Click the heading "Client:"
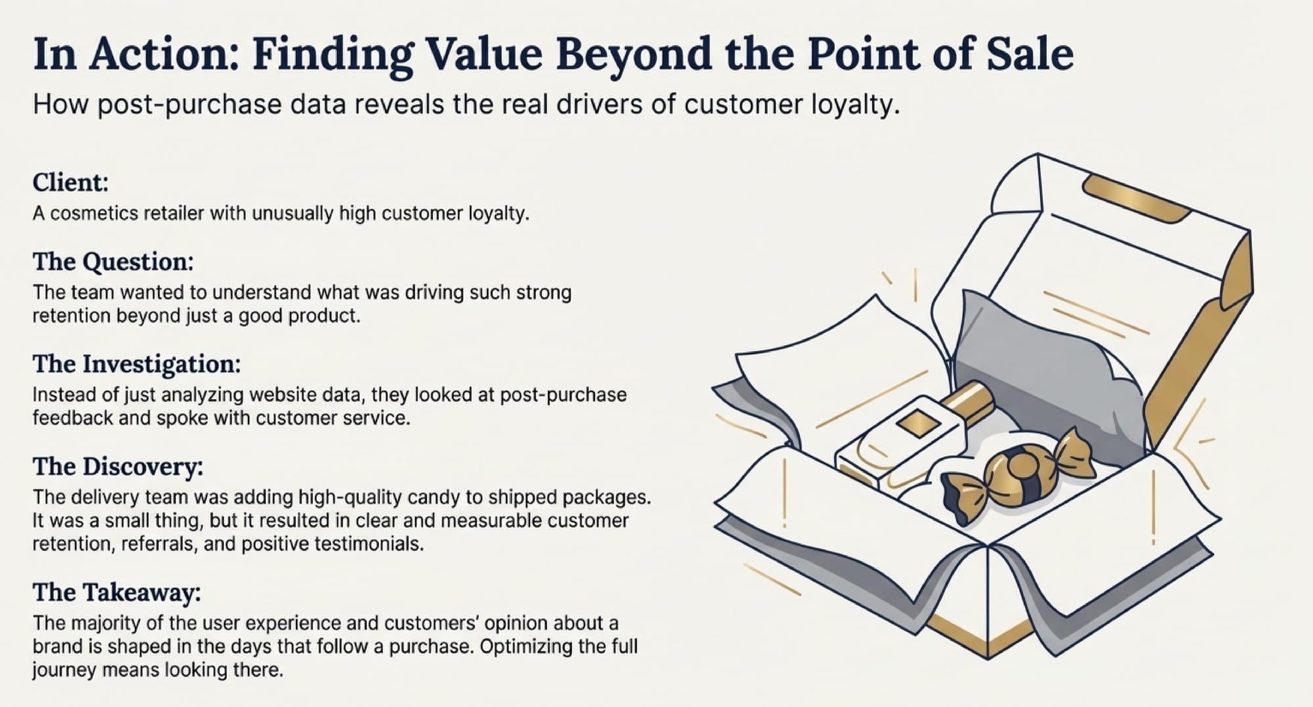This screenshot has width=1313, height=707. pos(70,182)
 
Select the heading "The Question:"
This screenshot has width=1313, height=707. pos(113,261)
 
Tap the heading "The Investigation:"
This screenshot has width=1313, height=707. pos(137,364)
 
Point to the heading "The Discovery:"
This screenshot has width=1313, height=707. pos(118,466)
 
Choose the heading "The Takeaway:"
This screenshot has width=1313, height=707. pos(116,592)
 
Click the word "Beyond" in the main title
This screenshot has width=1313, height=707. pos(634,54)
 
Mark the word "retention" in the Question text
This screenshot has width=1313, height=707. pos(72,316)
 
